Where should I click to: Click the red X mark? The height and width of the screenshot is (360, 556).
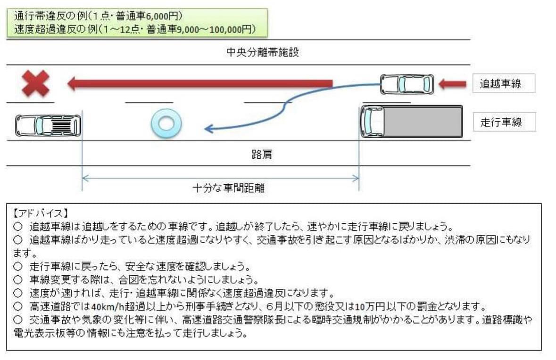point(35,83)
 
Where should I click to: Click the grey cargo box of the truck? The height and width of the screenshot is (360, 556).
point(423,122)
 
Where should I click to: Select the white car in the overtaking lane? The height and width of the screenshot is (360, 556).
point(407,84)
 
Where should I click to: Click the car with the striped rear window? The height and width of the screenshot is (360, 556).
point(48,125)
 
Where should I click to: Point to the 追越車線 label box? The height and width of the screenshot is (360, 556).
point(504,83)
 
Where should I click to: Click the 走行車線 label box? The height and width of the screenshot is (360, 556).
point(504,122)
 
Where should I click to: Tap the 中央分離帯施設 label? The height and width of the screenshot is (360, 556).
point(262,52)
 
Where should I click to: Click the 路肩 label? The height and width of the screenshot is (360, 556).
point(262,154)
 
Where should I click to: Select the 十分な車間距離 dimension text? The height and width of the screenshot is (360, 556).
point(228,188)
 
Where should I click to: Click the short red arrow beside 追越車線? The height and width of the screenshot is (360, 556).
point(452,84)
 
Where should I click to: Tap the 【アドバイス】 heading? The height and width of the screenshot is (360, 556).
point(40,213)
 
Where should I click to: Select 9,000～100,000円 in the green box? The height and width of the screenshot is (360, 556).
point(216,29)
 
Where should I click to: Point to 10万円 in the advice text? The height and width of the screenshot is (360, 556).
point(370,306)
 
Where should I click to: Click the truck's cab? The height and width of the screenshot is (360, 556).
point(373,122)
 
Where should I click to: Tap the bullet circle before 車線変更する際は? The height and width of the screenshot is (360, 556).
point(18,279)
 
